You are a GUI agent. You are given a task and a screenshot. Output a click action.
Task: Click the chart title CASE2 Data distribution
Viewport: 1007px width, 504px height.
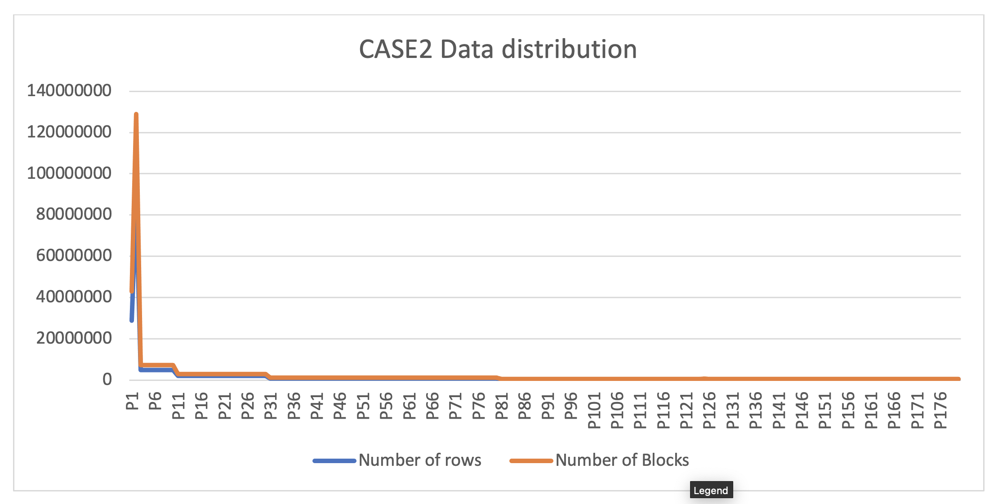(498, 49)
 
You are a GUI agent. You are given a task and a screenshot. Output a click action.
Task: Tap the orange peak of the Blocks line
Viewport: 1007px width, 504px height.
(136, 115)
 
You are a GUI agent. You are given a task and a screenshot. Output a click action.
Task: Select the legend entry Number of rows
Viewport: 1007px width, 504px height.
(419, 460)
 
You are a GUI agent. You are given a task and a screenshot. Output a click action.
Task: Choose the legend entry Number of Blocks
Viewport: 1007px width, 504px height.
(622, 460)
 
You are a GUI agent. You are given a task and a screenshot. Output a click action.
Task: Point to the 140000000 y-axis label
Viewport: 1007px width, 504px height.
(69, 91)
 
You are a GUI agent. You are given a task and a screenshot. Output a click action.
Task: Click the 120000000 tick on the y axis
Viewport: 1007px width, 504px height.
(69, 132)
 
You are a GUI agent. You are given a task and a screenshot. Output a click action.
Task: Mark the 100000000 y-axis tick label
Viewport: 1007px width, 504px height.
(69, 173)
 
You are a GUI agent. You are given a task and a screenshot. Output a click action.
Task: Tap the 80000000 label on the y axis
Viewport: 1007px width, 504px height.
(74, 214)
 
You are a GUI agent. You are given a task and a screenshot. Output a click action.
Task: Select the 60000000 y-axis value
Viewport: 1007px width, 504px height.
(74, 256)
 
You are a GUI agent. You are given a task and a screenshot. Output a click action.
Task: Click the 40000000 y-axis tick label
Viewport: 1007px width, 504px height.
(74, 297)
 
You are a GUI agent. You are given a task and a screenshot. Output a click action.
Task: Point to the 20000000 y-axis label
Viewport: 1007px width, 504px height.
(74, 338)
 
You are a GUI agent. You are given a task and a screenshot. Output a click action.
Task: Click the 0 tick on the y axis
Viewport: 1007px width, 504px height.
(107, 380)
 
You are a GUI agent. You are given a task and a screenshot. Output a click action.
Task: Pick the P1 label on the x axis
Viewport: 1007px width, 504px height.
(131, 401)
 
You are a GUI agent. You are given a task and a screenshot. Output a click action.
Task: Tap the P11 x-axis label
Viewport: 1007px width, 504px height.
(178, 406)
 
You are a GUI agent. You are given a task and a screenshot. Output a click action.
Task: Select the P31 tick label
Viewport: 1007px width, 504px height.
(270, 406)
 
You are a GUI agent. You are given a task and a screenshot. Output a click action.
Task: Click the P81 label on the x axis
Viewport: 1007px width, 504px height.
(501, 406)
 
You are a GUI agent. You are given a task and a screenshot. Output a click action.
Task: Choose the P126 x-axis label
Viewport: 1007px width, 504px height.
(709, 410)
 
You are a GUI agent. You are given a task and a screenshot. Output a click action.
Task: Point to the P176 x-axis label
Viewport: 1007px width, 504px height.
(940, 410)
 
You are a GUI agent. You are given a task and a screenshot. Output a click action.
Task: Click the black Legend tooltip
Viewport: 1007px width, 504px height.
(711, 490)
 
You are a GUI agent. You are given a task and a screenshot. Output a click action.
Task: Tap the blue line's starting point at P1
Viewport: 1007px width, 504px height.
(132, 320)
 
